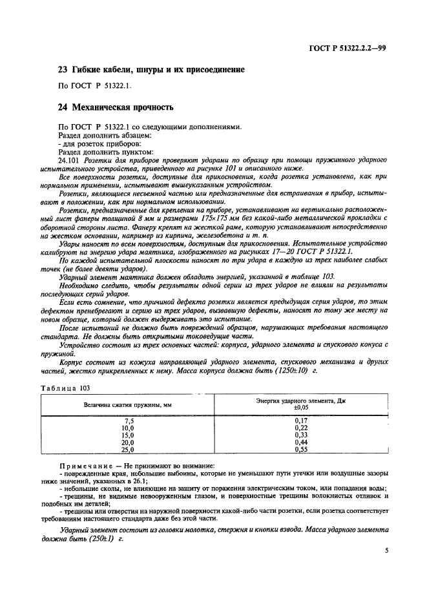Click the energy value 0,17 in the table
[x=300, y=421]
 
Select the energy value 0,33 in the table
[x=300, y=435]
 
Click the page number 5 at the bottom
[x=386, y=551]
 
